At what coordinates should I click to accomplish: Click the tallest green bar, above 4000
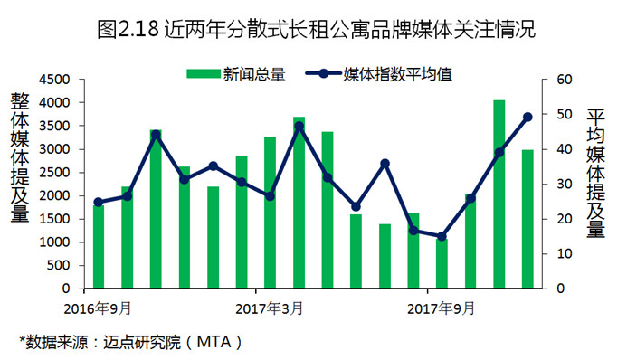coord(499,194)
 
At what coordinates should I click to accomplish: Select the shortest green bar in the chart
coord(442,264)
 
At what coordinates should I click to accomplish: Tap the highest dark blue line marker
coord(527,117)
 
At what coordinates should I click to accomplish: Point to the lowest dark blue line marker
coord(442,237)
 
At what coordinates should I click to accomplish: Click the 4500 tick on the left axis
coord(54,80)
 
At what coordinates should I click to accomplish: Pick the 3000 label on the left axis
coord(54,149)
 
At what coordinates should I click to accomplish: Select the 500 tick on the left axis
coord(59,265)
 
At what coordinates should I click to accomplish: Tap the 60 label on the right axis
coord(565,80)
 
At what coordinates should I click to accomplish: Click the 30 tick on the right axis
coord(565,185)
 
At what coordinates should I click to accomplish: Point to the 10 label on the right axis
coord(565,253)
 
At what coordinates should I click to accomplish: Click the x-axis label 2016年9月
coord(98,308)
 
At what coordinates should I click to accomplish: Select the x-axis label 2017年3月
coord(269,308)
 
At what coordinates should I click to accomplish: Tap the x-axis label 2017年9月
coord(441,308)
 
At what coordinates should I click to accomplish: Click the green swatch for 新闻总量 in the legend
coord(204,74)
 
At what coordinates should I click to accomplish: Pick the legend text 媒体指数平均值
coord(398,74)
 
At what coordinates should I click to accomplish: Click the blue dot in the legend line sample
coord(324,73)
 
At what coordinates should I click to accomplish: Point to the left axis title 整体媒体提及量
coord(20,157)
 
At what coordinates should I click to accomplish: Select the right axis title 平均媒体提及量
coord(596,173)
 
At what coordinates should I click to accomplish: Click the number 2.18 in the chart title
coord(139,30)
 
